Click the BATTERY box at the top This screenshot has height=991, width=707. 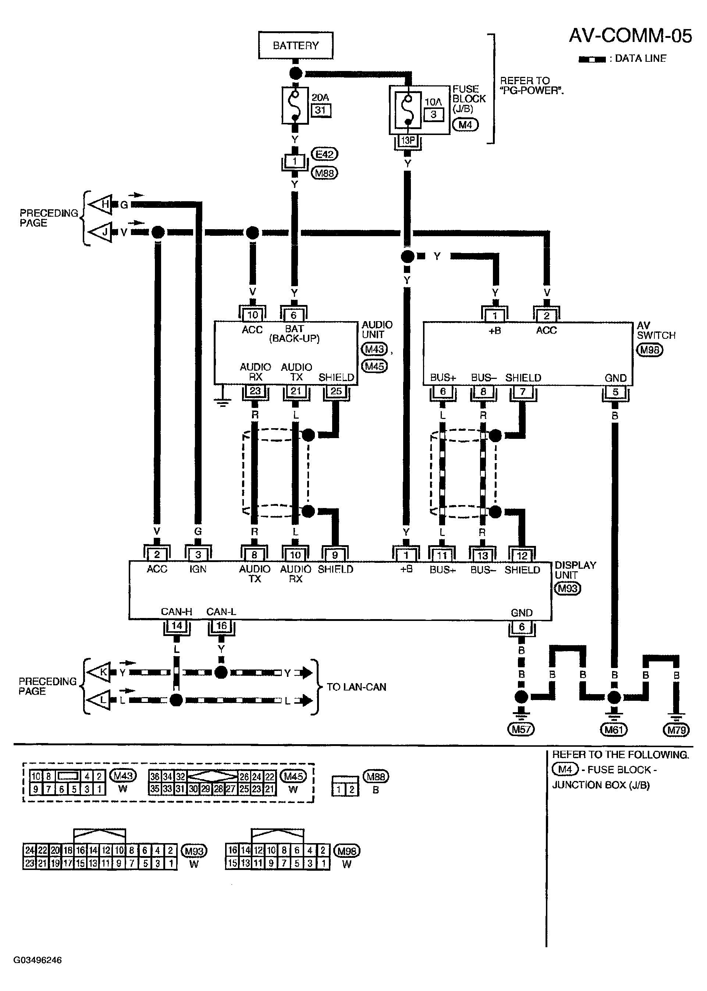point(296,45)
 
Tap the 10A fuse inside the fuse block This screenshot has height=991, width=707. point(408,110)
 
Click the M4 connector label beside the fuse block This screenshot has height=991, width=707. point(465,125)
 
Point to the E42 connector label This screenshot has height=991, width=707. point(324,154)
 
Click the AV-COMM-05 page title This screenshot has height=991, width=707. point(630,36)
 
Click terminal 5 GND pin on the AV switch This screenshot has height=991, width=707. point(615,392)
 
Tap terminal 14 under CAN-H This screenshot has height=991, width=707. point(176,626)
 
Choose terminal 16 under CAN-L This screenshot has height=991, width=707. point(221,626)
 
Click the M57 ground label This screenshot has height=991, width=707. point(521,729)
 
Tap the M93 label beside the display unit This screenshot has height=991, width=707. point(568,589)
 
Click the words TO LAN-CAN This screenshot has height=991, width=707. point(356,687)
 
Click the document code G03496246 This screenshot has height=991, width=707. point(38,960)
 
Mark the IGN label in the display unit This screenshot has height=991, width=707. point(198,569)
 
